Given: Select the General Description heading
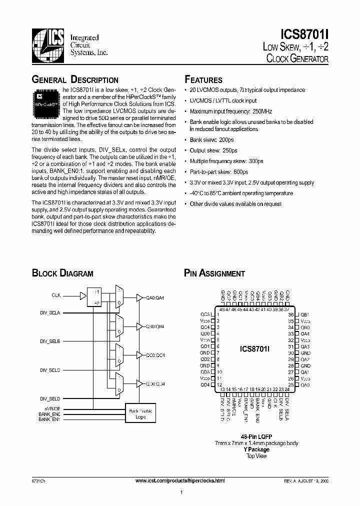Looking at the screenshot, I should point(75,80).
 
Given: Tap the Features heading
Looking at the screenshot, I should point(203,80).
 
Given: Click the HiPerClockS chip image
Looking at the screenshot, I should point(45,99).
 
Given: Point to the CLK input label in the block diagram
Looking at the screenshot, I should point(55,295).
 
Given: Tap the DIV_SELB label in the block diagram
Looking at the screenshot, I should point(50,341).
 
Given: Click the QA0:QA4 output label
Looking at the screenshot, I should point(155,298).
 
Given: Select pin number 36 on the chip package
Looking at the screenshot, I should point(290,314).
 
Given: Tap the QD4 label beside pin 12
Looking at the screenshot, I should point(205,384).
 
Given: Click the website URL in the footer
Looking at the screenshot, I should point(180,480).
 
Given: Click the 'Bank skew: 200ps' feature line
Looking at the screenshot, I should point(211,140).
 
